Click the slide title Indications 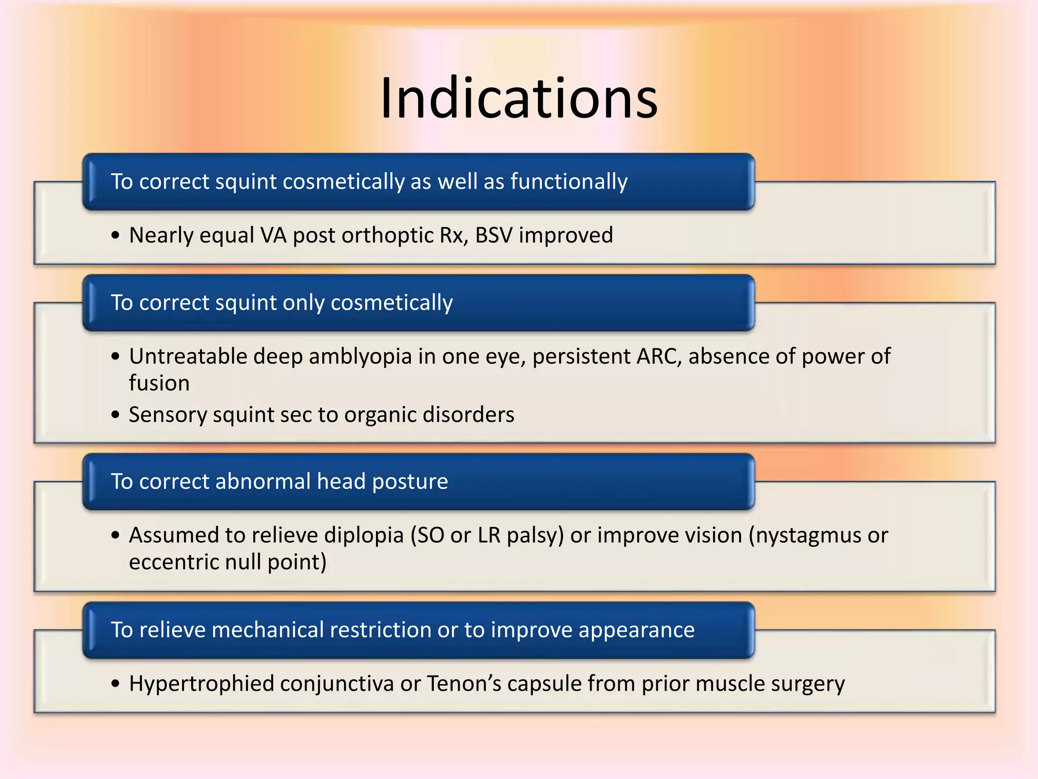pyautogui.click(x=518, y=98)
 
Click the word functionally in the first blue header pyautogui.click(x=569, y=182)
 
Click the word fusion pyautogui.click(x=159, y=383)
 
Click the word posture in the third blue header pyautogui.click(x=410, y=482)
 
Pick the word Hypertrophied pyautogui.click(x=201, y=684)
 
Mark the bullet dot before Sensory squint pyautogui.click(x=116, y=415)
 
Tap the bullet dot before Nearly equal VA pyautogui.click(x=116, y=236)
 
